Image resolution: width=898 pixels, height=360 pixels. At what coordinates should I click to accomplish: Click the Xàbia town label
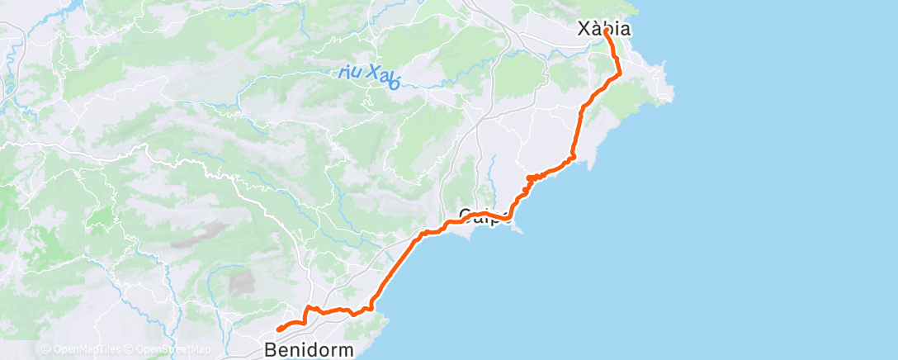603,28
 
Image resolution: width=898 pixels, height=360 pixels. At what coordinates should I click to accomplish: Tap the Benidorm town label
310,349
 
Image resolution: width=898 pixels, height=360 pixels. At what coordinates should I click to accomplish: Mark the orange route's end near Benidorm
278,329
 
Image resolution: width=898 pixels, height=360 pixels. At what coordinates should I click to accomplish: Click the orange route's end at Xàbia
607,31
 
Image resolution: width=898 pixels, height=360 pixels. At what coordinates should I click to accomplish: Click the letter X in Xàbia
580,28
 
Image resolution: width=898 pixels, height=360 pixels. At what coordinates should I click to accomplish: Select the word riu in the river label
351,72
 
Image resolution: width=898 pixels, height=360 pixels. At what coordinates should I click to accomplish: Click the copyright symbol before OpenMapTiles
45,349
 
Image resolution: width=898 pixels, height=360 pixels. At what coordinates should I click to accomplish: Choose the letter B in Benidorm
271,349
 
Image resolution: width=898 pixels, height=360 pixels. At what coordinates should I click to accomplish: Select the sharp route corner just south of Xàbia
620,74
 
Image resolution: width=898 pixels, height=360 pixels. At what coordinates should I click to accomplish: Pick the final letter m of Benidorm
347,349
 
